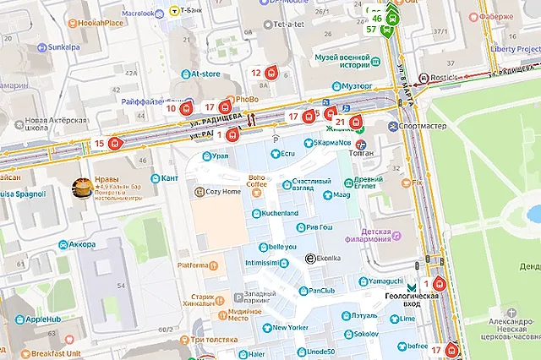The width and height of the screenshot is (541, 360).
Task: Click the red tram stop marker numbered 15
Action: pyautogui.click(x=115, y=144)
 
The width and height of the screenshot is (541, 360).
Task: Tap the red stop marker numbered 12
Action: pyautogui.click(x=271, y=74)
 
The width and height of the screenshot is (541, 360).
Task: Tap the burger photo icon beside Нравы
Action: pyautogui.click(x=82, y=189)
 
